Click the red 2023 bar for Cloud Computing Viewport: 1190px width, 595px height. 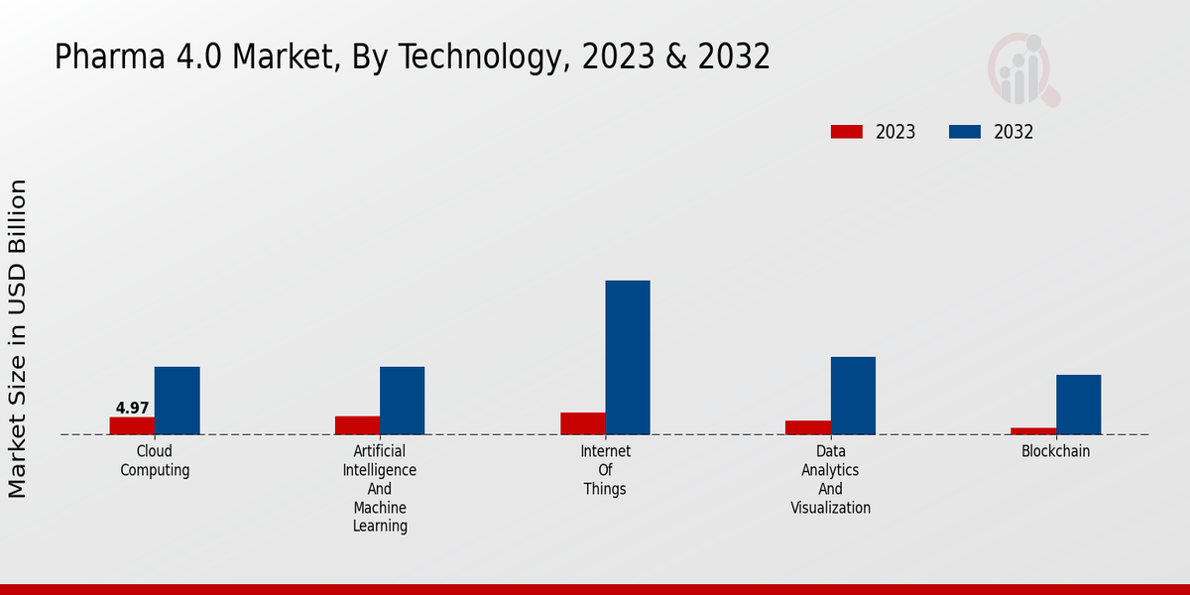click(132, 425)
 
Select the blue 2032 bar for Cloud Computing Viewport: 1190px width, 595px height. click(177, 401)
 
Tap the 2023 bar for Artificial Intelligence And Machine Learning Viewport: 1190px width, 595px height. click(357, 425)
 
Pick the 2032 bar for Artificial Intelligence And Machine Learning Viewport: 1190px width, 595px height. click(402, 401)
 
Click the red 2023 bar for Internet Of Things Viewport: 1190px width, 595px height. click(582, 423)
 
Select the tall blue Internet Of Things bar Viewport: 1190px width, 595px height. click(628, 357)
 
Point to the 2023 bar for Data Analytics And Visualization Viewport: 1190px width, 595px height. click(807, 427)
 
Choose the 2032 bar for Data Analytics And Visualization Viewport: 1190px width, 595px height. click(853, 396)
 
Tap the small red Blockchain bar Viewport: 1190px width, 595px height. click(1033, 430)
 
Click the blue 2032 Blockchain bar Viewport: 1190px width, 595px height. click(1078, 405)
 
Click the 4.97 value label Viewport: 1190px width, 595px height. click(132, 408)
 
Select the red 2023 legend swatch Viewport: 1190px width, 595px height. click(847, 132)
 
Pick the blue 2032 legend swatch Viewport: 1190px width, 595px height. click(965, 132)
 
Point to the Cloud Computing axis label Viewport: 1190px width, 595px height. click(155, 461)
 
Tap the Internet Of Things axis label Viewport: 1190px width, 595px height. click(605, 470)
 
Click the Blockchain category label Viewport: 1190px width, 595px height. click(1055, 451)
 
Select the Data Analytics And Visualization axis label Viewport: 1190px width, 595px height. click(830, 480)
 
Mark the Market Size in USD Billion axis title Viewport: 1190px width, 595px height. click(18, 338)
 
